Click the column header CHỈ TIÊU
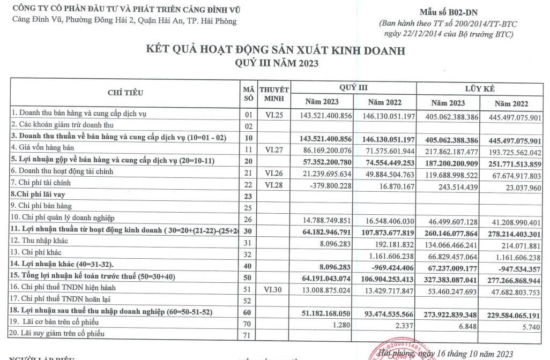point(125,93)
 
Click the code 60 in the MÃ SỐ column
point(248,312)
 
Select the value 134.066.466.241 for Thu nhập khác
point(448,242)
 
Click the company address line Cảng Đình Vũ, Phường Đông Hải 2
point(124,21)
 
